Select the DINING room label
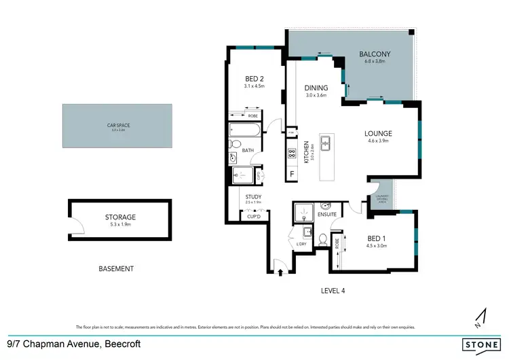[x=316, y=88]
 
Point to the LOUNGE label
[x=378, y=133]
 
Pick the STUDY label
[x=253, y=198]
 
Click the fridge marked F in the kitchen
[x=292, y=174]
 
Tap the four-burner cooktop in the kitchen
[x=292, y=153]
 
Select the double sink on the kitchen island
[x=326, y=143]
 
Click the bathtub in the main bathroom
[x=244, y=129]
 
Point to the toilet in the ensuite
[x=323, y=240]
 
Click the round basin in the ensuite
[x=326, y=206]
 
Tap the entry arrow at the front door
[x=280, y=272]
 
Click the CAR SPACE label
[x=117, y=126]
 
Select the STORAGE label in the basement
[x=120, y=217]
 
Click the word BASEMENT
[x=116, y=269]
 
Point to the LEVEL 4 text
[x=333, y=290]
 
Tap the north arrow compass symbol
[x=481, y=316]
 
